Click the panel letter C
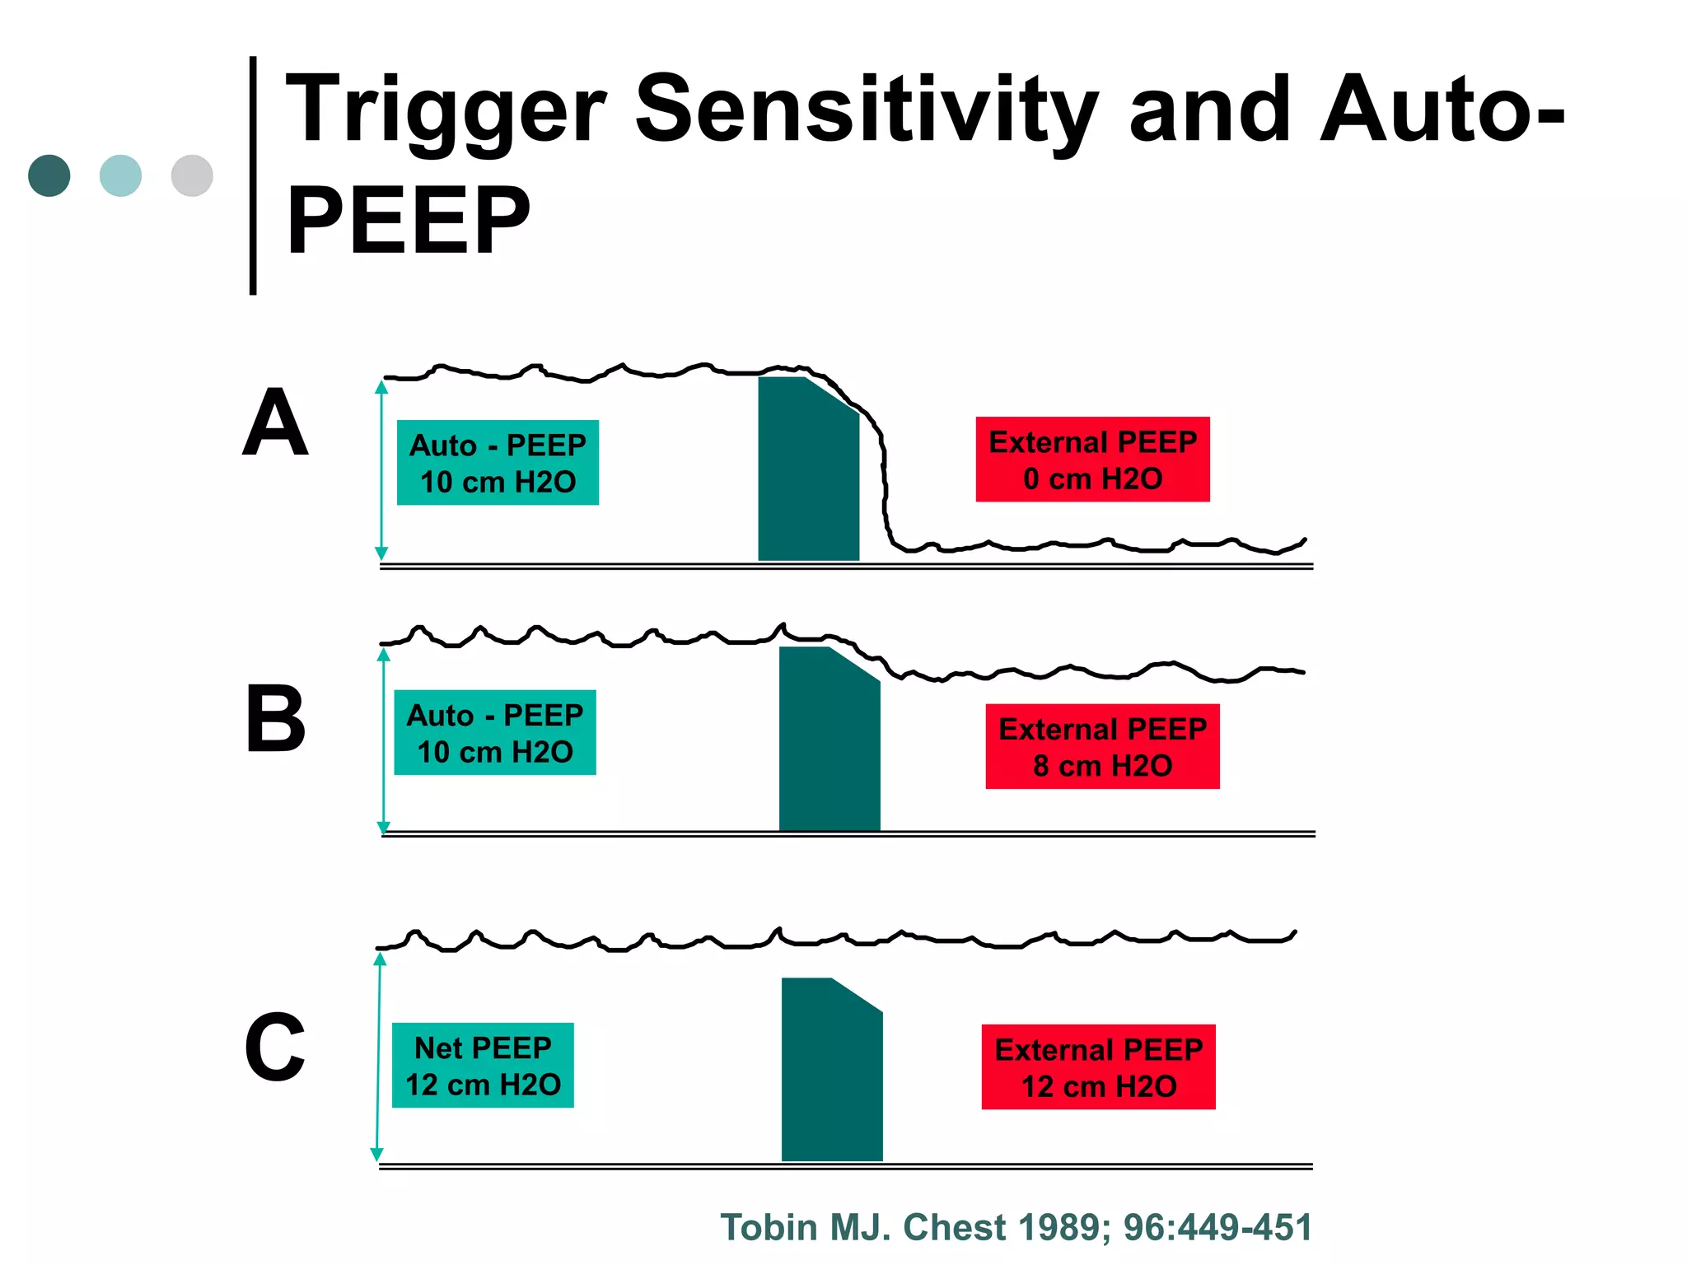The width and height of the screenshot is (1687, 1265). point(275,1048)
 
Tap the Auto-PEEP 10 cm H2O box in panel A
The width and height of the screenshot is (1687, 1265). point(498,463)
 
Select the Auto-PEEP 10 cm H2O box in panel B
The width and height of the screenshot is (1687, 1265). point(495,732)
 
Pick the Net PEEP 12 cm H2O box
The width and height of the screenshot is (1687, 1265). point(483,1066)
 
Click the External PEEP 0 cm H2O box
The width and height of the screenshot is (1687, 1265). point(1092,460)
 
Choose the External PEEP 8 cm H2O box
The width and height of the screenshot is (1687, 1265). point(1102,747)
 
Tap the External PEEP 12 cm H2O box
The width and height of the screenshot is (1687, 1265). point(1098,1067)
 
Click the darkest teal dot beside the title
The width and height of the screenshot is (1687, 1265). point(49,175)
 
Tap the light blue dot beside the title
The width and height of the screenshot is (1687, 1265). point(120,175)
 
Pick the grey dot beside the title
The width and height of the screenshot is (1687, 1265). point(192,175)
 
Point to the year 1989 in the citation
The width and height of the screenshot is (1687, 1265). point(1064,1227)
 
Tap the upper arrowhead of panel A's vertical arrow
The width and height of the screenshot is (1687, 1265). point(381,386)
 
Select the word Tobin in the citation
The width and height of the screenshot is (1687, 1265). point(769,1227)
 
